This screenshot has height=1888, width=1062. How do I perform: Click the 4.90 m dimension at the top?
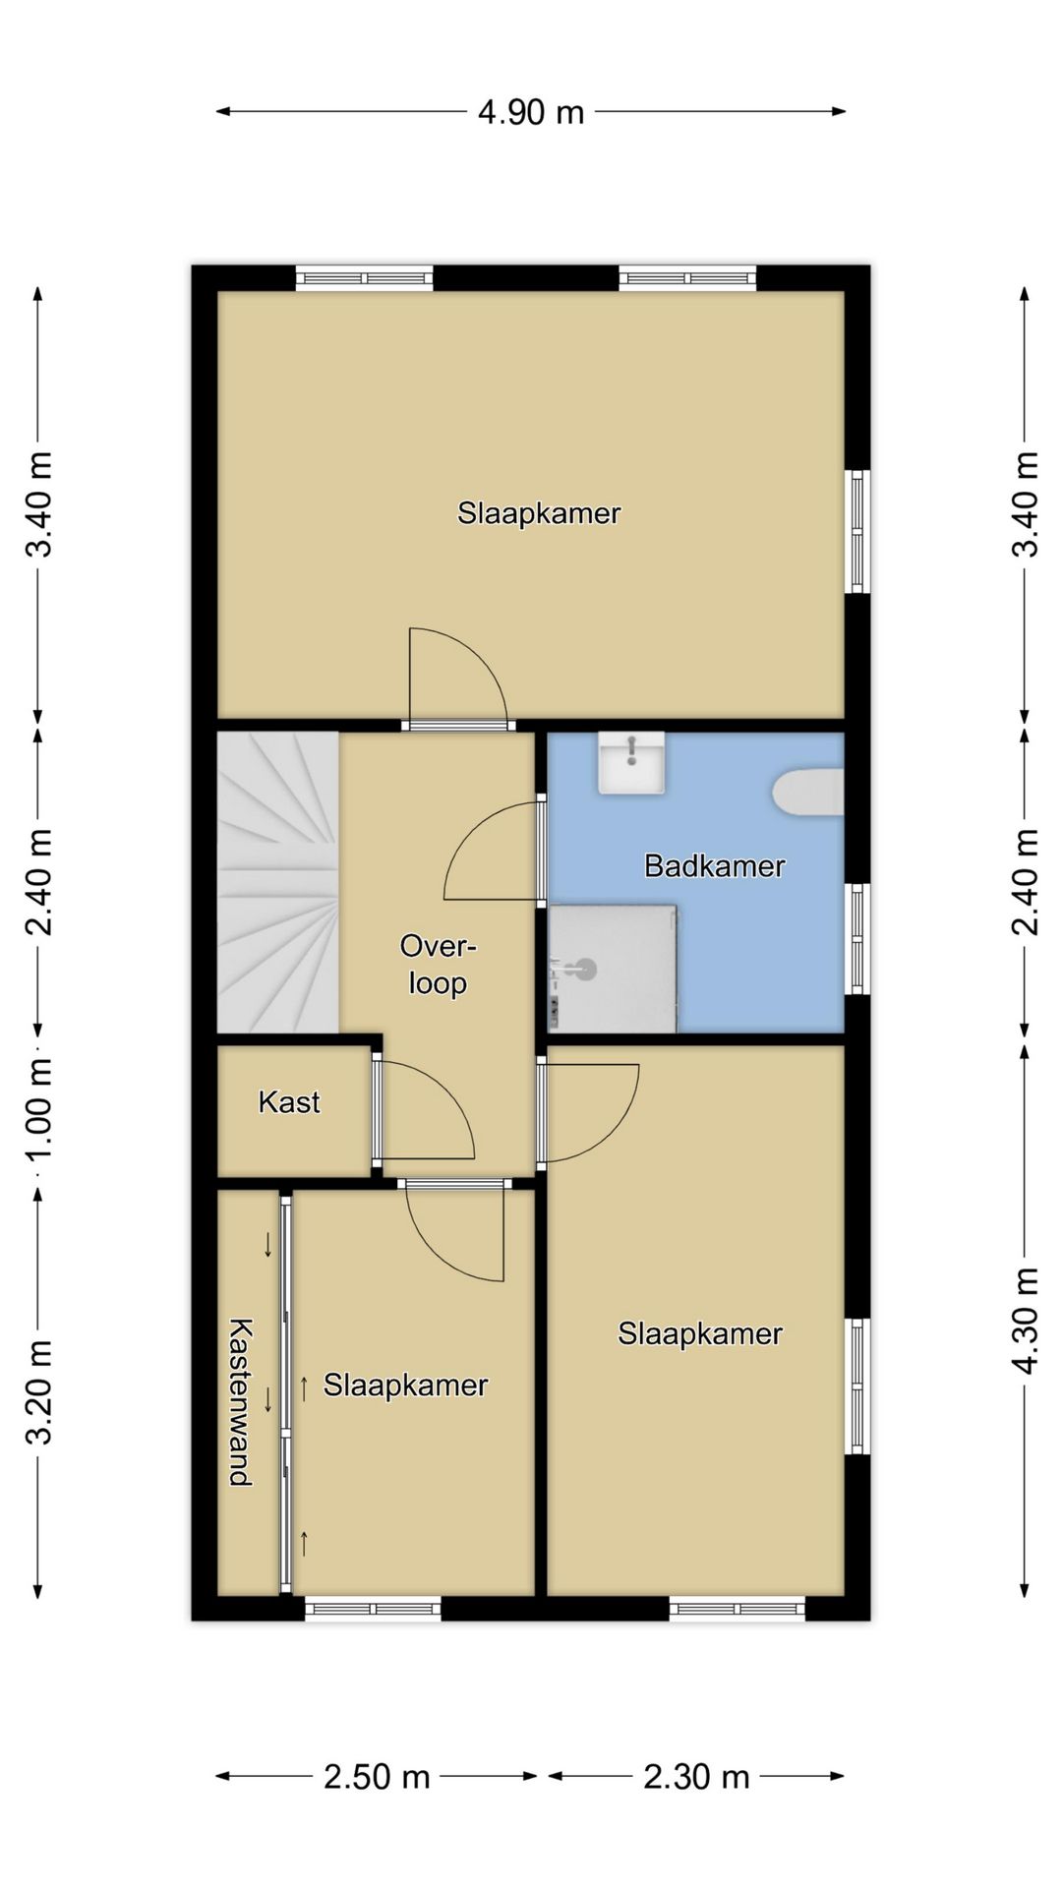pyautogui.click(x=531, y=112)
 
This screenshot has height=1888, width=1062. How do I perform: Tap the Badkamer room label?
pyautogui.click(x=714, y=866)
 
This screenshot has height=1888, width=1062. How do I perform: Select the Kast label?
pyautogui.click(x=289, y=1101)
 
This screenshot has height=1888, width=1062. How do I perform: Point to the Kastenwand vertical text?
pyautogui.click(x=240, y=1402)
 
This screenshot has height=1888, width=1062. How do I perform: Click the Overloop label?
pyautogui.click(x=438, y=965)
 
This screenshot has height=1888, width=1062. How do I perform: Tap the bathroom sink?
pyautogui.click(x=631, y=762)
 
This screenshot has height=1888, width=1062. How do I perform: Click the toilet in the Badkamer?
pyautogui.click(x=809, y=793)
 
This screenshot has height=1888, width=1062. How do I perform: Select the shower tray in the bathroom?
pyautogui.click(x=613, y=969)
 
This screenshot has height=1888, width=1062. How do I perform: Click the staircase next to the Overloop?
pyautogui.click(x=277, y=882)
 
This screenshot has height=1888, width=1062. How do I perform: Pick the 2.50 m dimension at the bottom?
pyautogui.click(x=377, y=1777)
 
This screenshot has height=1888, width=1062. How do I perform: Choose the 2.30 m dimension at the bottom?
pyautogui.click(x=696, y=1777)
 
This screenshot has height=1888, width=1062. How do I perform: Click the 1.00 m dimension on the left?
pyautogui.click(x=38, y=1109)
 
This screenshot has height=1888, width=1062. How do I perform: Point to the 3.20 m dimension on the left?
pyautogui.click(x=38, y=1392)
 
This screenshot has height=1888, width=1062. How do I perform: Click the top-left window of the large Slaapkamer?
pyautogui.click(x=365, y=278)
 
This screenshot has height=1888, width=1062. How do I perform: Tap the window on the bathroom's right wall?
pyautogui.click(x=858, y=938)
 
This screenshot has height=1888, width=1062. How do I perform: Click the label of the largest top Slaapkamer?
pyautogui.click(x=539, y=513)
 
